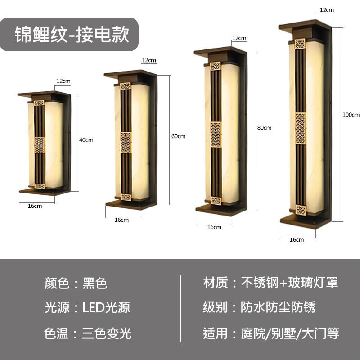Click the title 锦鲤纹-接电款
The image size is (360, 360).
[72, 34]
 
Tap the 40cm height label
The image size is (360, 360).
[86, 140]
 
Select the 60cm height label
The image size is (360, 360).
[178, 136]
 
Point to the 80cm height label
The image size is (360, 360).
[265, 128]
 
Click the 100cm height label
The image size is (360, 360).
[351, 114]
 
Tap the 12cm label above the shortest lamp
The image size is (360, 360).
[63, 81]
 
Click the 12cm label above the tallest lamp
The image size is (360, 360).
[327, 9]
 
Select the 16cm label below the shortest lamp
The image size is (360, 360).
[35, 206]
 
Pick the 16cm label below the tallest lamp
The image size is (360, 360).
[297, 240]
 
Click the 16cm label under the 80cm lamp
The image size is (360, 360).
[214, 227]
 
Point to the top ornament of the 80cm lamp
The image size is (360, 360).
[215, 66]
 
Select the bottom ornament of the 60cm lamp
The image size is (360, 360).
[126, 197]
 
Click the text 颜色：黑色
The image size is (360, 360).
[76, 283]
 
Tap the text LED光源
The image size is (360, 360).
[106, 308]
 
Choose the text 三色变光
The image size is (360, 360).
[107, 333]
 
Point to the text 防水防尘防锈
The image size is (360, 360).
[278, 307]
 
